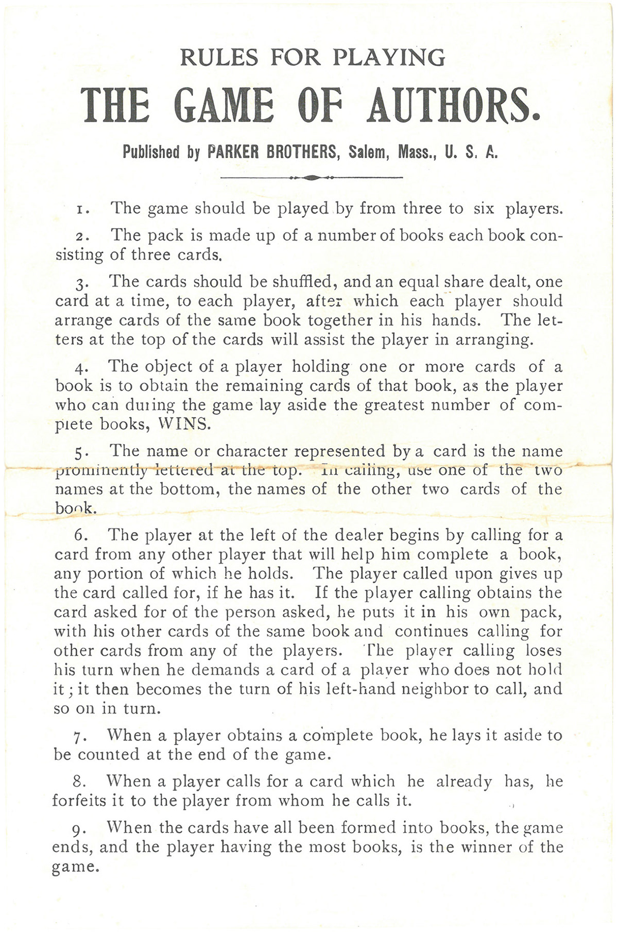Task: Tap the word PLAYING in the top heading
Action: point(389,58)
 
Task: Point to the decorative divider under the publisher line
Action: point(311,178)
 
